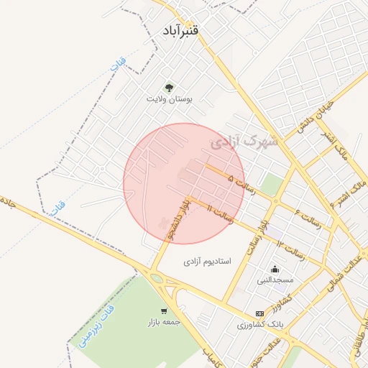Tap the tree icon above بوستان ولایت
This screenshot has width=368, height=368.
pyautogui.click(x=170, y=87)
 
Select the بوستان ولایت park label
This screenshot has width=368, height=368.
pyautogui.click(x=170, y=98)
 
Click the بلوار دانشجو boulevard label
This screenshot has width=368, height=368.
pyautogui.click(x=176, y=220)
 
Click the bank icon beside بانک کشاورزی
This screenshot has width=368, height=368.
pyautogui.click(x=259, y=314)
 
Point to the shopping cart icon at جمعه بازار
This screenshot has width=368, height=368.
pyautogui.click(x=164, y=311)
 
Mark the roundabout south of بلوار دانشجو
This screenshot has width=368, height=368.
pyautogui.click(x=157, y=278)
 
